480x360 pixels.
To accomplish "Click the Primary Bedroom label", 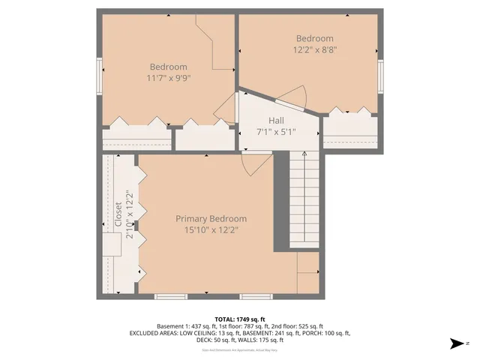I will (x=211, y=219).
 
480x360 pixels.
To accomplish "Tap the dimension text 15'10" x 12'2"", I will (x=211, y=229).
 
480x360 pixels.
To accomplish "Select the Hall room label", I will (x=276, y=121).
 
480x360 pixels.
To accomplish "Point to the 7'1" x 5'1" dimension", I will (x=276, y=132).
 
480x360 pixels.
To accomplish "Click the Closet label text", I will (x=118, y=214).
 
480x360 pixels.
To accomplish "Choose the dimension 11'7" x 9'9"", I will (x=168, y=77).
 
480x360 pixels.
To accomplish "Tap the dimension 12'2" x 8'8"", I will (x=314, y=49).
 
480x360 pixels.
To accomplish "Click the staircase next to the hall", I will (x=304, y=199).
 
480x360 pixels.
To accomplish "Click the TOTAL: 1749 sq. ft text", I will (x=239, y=319).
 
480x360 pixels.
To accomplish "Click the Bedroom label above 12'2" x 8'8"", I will (x=314, y=38).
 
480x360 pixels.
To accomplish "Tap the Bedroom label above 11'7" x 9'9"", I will (x=168, y=66).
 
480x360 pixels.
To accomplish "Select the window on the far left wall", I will (x=100, y=76).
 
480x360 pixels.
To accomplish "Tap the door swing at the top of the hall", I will (x=294, y=96).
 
